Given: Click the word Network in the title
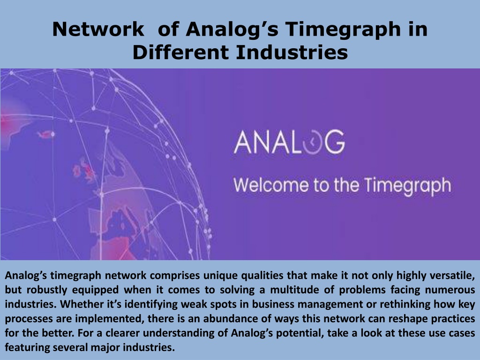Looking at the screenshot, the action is [98, 29].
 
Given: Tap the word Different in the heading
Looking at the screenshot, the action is [180, 52].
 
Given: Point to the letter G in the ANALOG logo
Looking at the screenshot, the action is [334, 142].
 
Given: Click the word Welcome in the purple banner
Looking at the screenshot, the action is [271, 185].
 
